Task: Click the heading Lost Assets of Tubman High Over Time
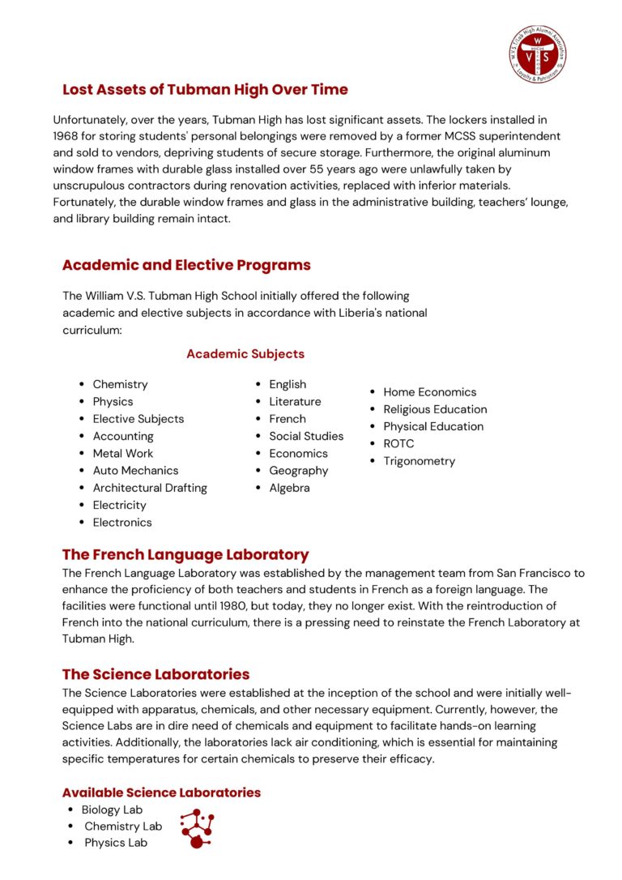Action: pos(205,89)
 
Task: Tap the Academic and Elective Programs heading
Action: pos(186,265)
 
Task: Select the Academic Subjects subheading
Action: pos(245,354)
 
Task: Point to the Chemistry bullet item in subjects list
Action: pos(120,384)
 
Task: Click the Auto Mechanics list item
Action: pos(135,470)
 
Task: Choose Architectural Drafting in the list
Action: pos(150,488)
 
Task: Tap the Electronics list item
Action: pos(122,523)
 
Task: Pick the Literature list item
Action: pos(295,401)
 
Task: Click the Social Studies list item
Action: pos(306,436)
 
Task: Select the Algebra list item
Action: pos(289,488)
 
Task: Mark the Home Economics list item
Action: pos(429,392)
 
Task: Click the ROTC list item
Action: pos(398,443)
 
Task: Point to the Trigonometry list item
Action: pos(419,461)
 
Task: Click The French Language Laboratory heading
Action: pos(185,555)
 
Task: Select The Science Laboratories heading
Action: pos(155,674)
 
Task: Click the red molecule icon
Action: pos(197,828)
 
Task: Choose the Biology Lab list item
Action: pos(112,810)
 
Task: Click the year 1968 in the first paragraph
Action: pos(66,136)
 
